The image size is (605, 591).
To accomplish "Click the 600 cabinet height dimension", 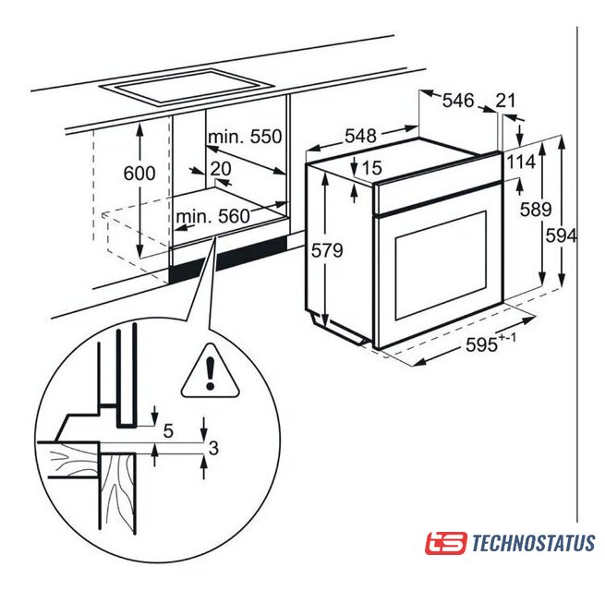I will tap(139, 174).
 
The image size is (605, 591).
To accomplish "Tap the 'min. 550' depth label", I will tap(243, 138).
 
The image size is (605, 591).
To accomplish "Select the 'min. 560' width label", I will tap(213, 217).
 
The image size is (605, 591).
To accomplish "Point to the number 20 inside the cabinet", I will tap(220, 168).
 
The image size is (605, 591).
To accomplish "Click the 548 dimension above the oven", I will tap(360, 136).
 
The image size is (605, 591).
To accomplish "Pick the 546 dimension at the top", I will tap(457, 101).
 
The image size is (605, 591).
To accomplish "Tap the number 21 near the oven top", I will tap(505, 101).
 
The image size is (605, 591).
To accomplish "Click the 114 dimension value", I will tap(521, 163).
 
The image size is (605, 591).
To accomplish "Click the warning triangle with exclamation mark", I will tap(210, 374).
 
